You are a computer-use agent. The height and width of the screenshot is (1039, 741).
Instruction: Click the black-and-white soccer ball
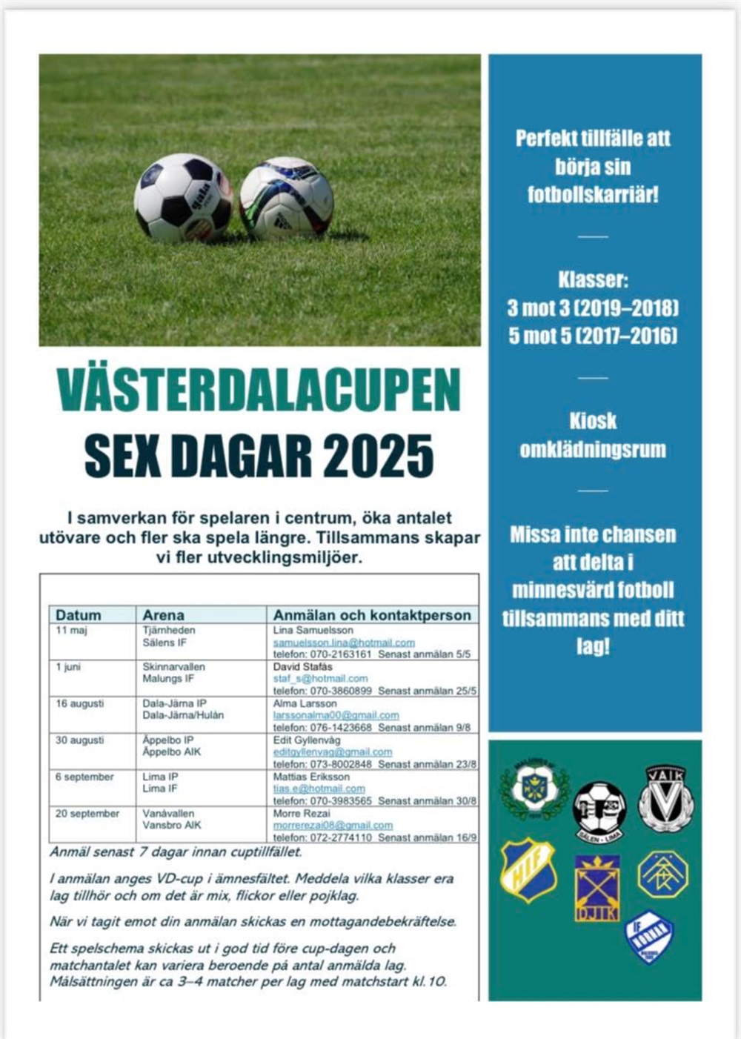(182, 198)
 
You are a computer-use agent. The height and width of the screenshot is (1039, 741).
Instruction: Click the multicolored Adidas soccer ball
(287, 198)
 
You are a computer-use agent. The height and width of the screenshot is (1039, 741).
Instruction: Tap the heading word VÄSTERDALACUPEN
(259, 389)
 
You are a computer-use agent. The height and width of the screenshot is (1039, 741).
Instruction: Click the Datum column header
(78, 615)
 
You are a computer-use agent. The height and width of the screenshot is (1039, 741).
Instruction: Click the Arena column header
(163, 615)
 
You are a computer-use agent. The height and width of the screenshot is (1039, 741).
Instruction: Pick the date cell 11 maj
(71, 630)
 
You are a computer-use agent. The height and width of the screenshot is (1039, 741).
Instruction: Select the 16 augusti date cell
(79, 703)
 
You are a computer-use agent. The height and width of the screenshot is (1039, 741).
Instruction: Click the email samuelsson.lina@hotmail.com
(344, 643)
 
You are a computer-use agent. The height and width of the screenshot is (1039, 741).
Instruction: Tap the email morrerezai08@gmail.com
(333, 825)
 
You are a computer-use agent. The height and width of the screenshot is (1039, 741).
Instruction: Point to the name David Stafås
(303, 667)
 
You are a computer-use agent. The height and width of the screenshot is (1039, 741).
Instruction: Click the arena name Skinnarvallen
(173, 667)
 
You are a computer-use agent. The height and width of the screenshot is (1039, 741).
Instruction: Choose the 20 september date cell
(87, 814)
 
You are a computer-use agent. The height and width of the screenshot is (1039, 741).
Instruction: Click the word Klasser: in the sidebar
(593, 280)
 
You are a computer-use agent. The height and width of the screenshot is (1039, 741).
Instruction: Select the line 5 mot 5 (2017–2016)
(593, 336)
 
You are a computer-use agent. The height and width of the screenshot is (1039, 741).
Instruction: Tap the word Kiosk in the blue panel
(593, 421)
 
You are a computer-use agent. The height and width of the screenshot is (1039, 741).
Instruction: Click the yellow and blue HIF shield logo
(528, 869)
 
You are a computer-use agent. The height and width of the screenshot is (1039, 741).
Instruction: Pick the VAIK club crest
(665, 799)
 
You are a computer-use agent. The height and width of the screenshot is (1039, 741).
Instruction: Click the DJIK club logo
(597, 888)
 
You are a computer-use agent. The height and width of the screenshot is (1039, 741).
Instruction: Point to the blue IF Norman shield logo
(649, 937)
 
